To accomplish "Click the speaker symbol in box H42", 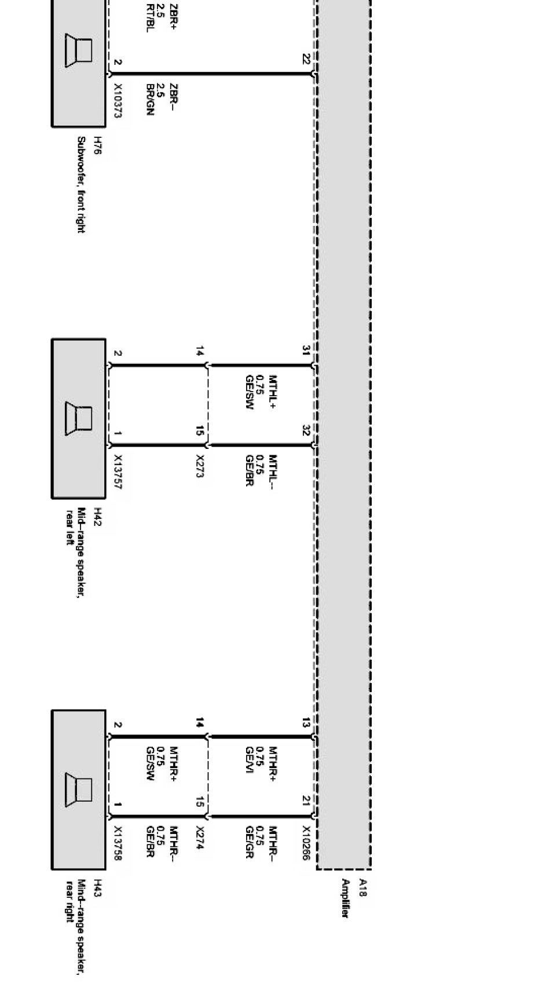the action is click(x=79, y=418).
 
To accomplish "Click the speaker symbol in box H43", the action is click(x=79, y=789).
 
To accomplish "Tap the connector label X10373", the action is click(x=118, y=101).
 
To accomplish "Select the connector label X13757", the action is click(x=118, y=472).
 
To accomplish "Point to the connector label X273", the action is click(x=200, y=466).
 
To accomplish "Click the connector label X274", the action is click(x=200, y=838).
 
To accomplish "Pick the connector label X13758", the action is click(x=118, y=843).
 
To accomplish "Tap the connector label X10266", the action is click(x=306, y=843).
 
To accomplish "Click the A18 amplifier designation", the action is click(x=363, y=887).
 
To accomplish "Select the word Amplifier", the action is click(x=346, y=898).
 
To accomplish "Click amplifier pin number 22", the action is click(x=306, y=59).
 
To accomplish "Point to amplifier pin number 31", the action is click(x=306, y=350).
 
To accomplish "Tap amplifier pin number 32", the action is click(x=306, y=430).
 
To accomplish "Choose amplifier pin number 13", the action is click(x=306, y=722).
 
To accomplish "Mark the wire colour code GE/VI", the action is click(x=250, y=759).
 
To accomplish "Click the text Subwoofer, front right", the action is click(x=82, y=185).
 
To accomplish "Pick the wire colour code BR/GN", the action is click(x=150, y=99).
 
